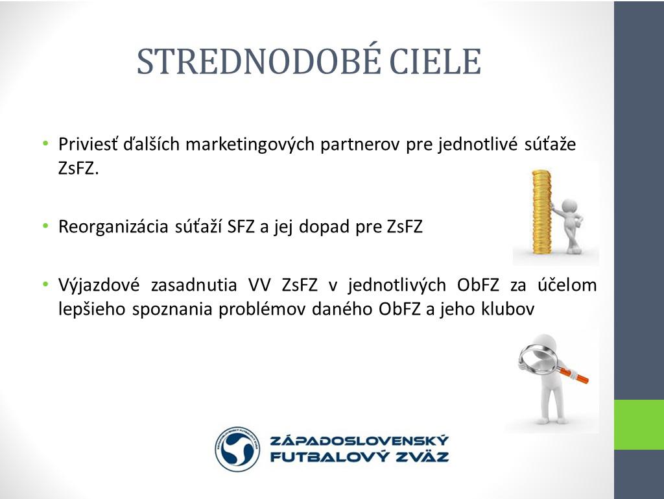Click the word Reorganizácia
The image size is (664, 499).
(113, 227)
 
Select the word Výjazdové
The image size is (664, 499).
(99, 285)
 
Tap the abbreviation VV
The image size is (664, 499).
(259, 285)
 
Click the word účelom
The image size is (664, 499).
(567, 284)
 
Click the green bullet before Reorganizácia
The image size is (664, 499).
(46, 226)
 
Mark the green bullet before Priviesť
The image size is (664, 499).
(46, 143)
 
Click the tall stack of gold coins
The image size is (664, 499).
(541, 212)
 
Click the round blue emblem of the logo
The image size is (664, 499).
(237, 449)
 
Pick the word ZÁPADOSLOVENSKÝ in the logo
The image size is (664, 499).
(359, 441)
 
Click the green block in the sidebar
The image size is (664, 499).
(639, 424)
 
